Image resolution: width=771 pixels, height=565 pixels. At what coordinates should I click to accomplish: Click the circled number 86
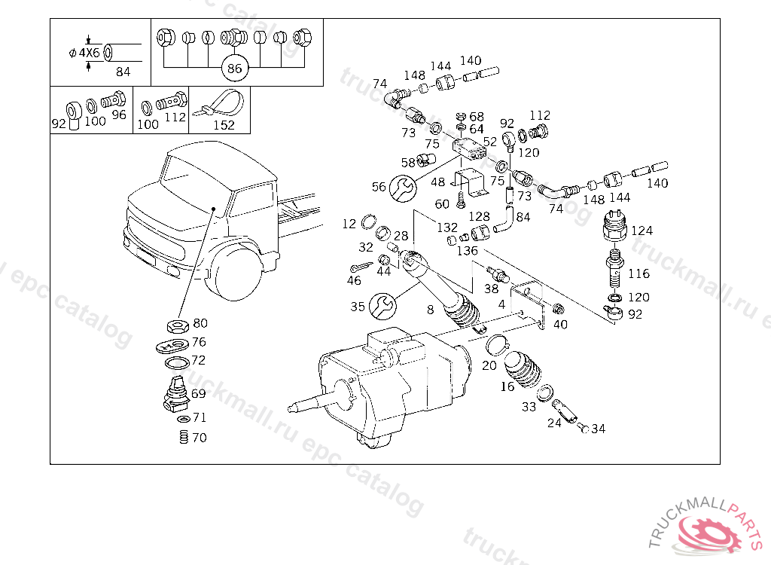pyautogui.click(x=235, y=68)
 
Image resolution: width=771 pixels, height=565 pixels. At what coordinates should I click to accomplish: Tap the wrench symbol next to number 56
pyautogui.click(x=403, y=188)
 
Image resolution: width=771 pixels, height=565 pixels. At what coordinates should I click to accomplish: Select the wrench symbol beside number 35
pyautogui.click(x=382, y=306)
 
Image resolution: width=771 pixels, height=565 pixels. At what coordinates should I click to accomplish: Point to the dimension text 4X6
pyautogui.click(x=89, y=53)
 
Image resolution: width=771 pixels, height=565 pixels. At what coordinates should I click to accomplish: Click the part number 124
pyautogui.click(x=641, y=231)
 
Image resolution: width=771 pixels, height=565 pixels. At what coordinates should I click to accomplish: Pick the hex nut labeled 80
pyautogui.click(x=178, y=325)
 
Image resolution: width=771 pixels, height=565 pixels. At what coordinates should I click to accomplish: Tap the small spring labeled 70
pyautogui.click(x=184, y=437)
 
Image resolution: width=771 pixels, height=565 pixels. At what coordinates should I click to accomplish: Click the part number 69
pyautogui.click(x=198, y=393)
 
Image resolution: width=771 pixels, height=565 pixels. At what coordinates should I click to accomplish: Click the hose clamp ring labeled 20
pyautogui.click(x=498, y=344)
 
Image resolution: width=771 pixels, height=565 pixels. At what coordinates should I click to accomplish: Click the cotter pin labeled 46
pyautogui.click(x=361, y=267)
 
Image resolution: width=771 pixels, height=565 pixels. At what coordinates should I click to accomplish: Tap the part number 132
pyautogui.click(x=447, y=228)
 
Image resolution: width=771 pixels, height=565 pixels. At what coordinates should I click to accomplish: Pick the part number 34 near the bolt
pyautogui.click(x=599, y=429)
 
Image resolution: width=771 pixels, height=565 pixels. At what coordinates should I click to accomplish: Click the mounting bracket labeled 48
pyautogui.click(x=470, y=183)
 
